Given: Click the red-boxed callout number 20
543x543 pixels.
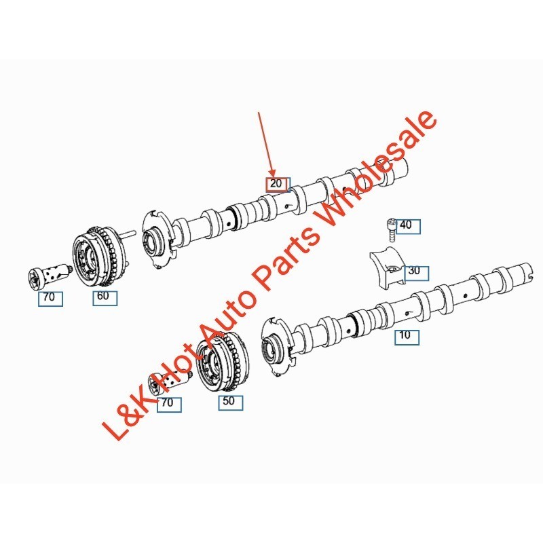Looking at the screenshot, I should (x=276, y=184).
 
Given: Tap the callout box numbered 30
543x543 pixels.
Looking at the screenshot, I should (x=414, y=271).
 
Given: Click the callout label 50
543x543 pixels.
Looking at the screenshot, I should (x=229, y=401).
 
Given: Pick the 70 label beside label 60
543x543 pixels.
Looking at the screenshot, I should (x=50, y=298).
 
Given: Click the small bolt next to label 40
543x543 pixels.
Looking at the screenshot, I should (x=391, y=228).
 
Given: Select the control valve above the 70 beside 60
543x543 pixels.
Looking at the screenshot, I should (x=47, y=276).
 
